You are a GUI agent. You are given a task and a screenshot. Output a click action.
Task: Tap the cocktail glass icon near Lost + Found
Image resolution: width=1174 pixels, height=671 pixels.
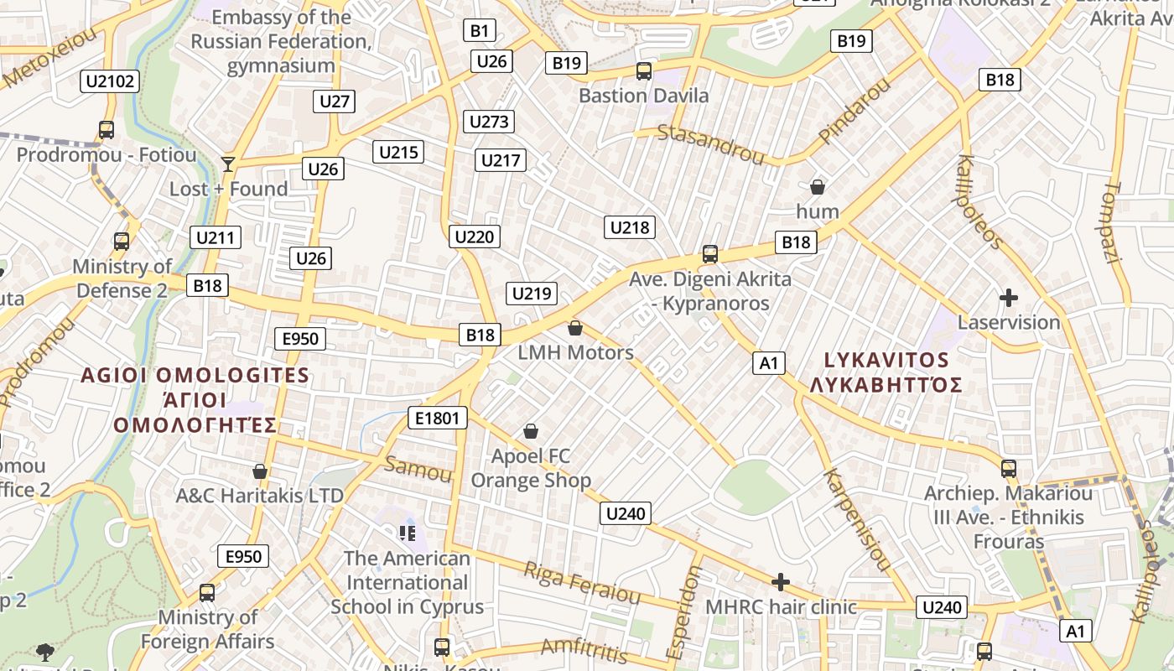click(x=227, y=164)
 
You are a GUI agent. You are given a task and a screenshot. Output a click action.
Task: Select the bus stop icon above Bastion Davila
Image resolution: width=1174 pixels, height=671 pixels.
click(x=644, y=71)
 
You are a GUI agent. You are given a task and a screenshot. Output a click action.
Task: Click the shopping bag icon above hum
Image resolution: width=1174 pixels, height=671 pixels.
click(x=818, y=187)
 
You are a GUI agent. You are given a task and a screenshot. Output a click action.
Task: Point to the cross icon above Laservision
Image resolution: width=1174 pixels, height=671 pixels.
click(x=1009, y=298)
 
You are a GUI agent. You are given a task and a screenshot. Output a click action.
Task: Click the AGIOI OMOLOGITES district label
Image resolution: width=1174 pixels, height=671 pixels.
click(x=195, y=375)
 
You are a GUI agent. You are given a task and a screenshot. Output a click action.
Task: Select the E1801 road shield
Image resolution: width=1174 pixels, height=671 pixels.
click(x=437, y=417)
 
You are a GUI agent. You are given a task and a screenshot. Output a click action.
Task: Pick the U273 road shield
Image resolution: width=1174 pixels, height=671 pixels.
click(x=489, y=122)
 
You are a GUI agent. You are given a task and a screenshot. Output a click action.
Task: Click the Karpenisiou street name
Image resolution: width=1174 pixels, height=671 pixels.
click(x=856, y=520)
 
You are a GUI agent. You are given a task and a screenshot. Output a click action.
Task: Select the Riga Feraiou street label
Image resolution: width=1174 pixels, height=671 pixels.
click(x=581, y=583)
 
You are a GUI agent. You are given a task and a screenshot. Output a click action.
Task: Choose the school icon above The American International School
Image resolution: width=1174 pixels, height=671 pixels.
click(x=408, y=533)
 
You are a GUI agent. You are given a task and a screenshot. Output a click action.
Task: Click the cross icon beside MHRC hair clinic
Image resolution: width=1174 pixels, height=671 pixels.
click(x=781, y=582)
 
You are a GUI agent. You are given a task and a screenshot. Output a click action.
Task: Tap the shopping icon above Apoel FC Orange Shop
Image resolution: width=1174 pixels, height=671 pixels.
click(x=531, y=431)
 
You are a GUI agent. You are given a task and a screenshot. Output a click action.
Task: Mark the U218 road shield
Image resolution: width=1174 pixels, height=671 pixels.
click(x=630, y=226)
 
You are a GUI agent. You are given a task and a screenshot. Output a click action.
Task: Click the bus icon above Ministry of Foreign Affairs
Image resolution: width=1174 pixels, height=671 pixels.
click(x=207, y=593)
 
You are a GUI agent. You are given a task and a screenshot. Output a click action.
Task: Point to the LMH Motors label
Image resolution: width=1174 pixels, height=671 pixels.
click(x=575, y=352)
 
